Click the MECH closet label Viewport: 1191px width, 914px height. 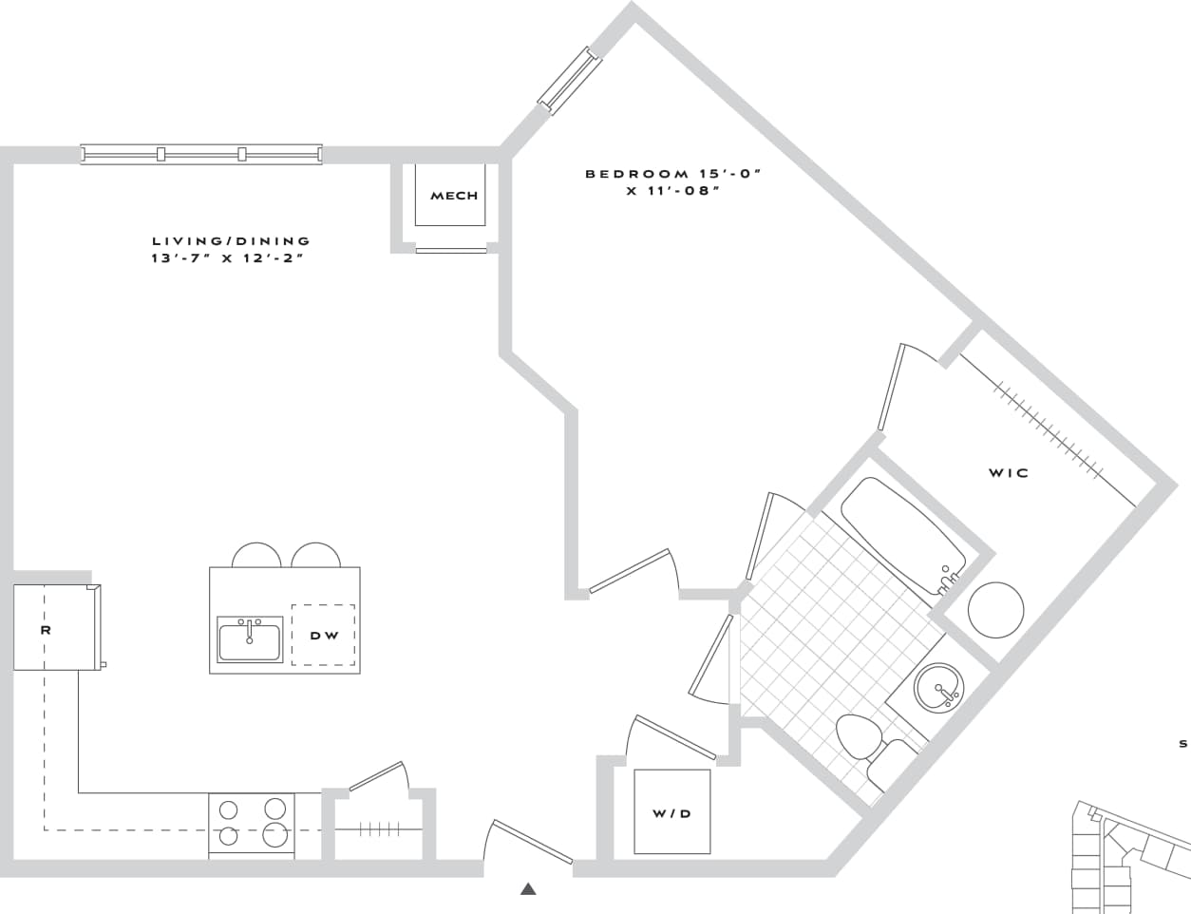click(454, 196)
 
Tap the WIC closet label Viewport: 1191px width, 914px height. click(1008, 472)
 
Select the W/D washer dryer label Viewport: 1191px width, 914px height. click(671, 813)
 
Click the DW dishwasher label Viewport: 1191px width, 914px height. click(324, 635)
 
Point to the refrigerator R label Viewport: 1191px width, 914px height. click(46, 629)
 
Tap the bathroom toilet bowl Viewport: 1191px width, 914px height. click(860, 736)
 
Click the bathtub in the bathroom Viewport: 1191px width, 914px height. click(902, 534)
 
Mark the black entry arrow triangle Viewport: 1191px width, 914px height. click(528, 889)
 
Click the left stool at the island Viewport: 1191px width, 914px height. click(256, 556)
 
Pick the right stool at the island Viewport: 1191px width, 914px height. click(315, 556)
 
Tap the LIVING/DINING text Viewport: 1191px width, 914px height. click(231, 241)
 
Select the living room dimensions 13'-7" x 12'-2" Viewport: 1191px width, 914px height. click(228, 258)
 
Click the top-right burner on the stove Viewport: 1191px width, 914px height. click(275, 809)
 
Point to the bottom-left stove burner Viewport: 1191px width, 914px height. click(228, 836)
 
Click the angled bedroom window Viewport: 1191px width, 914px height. click(570, 80)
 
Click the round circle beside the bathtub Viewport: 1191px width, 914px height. click(995, 609)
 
